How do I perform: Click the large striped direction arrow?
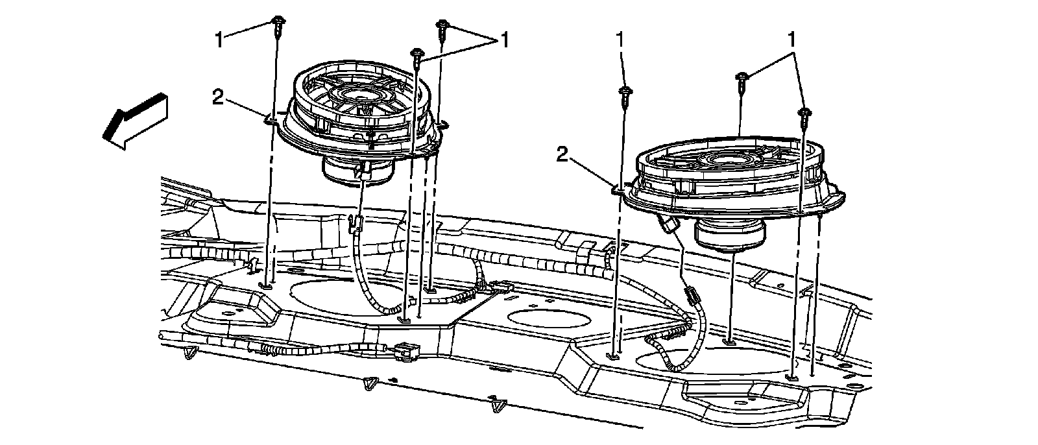pyautogui.click(x=135, y=121)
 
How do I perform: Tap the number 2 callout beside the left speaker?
pyautogui.click(x=218, y=97)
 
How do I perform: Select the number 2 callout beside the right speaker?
pyautogui.click(x=562, y=155)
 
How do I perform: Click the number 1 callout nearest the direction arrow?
pyautogui.click(x=219, y=40)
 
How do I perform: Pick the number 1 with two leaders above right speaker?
pyautogui.click(x=792, y=40)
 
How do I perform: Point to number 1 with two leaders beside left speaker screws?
pyautogui.click(x=505, y=40)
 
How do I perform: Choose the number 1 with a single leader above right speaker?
pyautogui.click(x=620, y=40)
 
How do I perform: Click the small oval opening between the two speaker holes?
pyautogui.click(x=549, y=320)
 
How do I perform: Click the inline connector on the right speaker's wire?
pyautogui.click(x=692, y=296)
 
